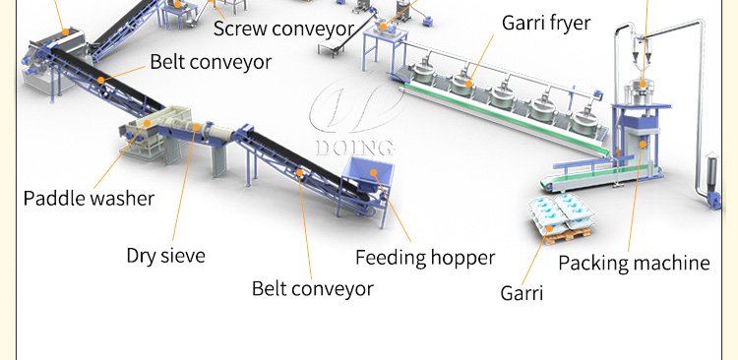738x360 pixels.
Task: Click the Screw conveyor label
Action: tap(284, 29)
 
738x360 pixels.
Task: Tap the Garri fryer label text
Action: tap(546, 23)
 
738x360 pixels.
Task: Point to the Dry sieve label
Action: tap(166, 257)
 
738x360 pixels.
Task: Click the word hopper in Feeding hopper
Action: tap(462, 259)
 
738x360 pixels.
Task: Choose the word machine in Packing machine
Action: tap(672, 263)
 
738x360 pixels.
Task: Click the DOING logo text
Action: tap(355, 149)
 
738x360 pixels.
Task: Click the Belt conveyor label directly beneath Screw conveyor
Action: tap(211, 63)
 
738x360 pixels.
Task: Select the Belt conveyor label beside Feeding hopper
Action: tap(313, 289)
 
